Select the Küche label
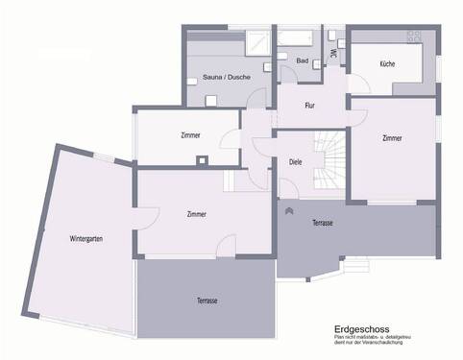pyautogui.click(x=387, y=63)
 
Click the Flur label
pyautogui.click(x=309, y=105)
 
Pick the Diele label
pyautogui.click(x=295, y=162)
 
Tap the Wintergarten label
pyautogui.click(x=86, y=237)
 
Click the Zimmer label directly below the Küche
pyautogui.click(x=391, y=139)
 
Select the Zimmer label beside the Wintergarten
pyautogui.click(x=197, y=214)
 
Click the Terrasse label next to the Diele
pyautogui.click(x=323, y=223)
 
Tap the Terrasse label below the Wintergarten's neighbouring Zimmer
pyautogui.click(x=207, y=300)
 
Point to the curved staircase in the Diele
pyautogui.click(x=331, y=158)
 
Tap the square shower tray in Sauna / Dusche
pyautogui.click(x=257, y=42)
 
